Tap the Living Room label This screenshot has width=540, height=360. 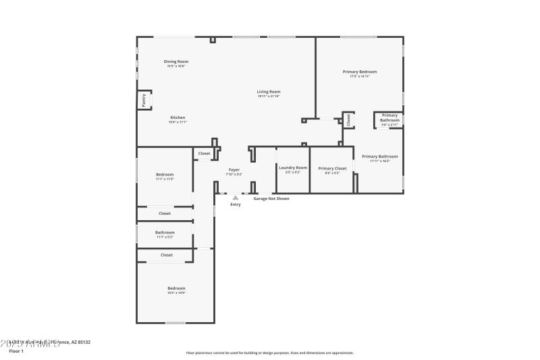(x=269, y=92)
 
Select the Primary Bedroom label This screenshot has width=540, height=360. (x=359, y=72)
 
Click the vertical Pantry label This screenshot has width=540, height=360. (x=144, y=100)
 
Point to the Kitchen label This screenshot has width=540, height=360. (x=178, y=118)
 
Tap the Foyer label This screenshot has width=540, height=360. (x=234, y=170)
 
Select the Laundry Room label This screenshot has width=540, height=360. (x=293, y=168)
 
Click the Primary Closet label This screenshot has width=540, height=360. (x=332, y=168)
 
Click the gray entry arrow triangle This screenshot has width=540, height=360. (x=235, y=197)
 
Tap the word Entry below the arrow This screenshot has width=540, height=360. (x=235, y=204)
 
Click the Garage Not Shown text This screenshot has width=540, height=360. (x=271, y=199)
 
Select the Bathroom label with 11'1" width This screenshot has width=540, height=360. (x=165, y=232)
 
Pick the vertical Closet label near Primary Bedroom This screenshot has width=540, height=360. (x=348, y=120)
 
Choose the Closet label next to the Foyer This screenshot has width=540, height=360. (x=204, y=154)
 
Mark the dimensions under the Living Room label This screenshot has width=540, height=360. (x=269, y=97)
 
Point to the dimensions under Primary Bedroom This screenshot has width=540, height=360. (x=359, y=76)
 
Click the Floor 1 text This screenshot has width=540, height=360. (x=16, y=351)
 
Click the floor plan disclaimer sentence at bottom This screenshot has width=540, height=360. (x=269, y=353)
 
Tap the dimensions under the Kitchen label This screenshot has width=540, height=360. (x=178, y=122)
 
